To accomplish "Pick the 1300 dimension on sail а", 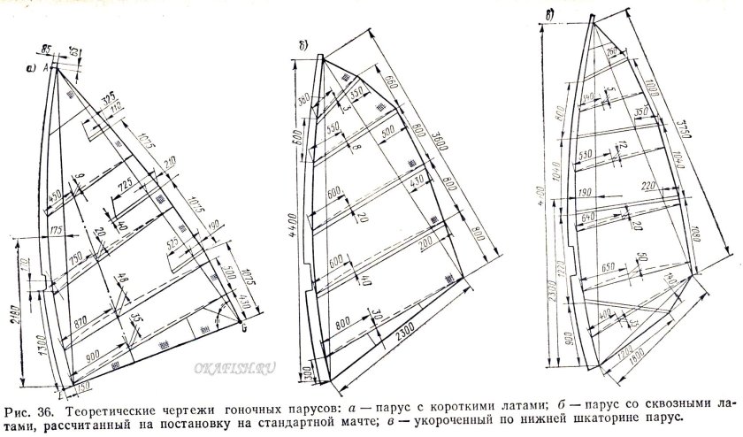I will click(45, 335).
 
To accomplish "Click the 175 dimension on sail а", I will click(57, 232).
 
